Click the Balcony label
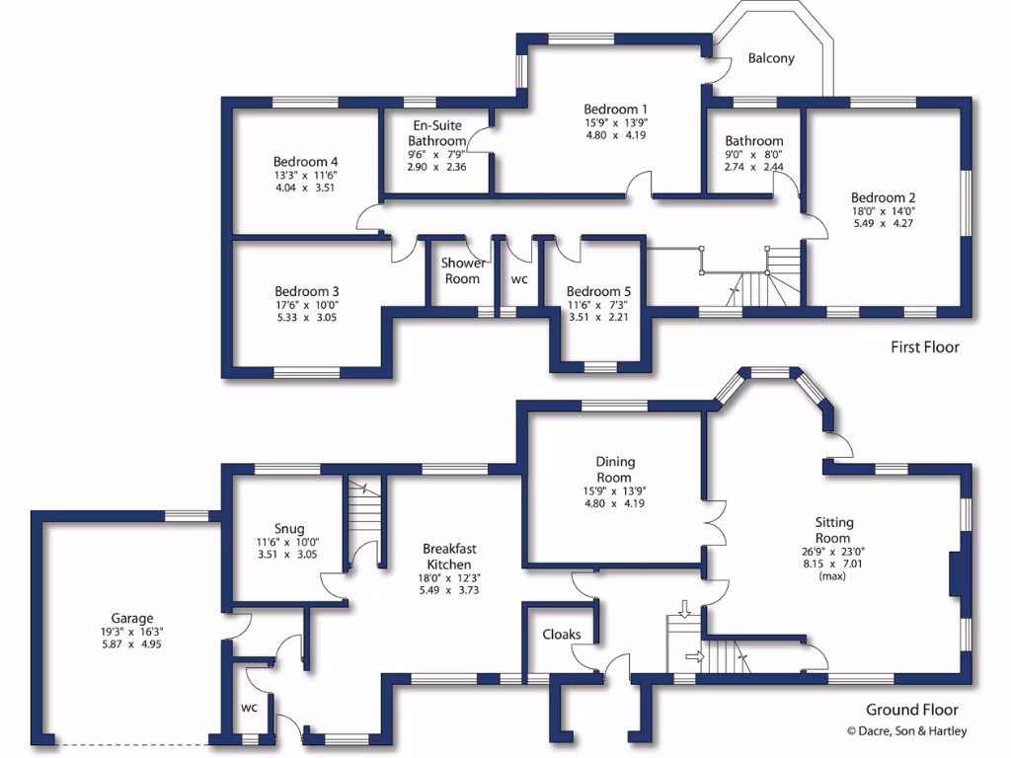pos(770,58)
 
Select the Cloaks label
pos(561,634)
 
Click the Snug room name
pos(289,528)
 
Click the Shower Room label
pos(462,270)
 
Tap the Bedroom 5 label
pos(598,291)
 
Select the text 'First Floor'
pos(924,346)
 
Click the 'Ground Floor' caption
pos(911,710)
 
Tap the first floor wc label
pos(519,279)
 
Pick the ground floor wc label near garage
pos(249,708)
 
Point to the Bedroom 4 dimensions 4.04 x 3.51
pos(305,188)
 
